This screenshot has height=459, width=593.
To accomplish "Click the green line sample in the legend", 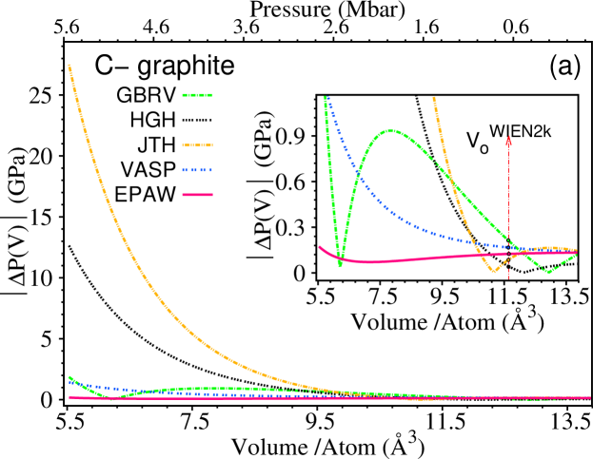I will point(197,95).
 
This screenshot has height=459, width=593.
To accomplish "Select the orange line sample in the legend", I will point(197,145).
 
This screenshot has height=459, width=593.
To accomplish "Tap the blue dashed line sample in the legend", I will point(197,170).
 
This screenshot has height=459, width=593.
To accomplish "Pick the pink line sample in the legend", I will point(197,195).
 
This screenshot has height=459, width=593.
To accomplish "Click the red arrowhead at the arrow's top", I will point(508,142).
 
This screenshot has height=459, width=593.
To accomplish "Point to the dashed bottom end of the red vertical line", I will point(508,278).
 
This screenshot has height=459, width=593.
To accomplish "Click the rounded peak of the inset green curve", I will point(390,131).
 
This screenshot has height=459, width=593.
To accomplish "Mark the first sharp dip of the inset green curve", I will point(340,265).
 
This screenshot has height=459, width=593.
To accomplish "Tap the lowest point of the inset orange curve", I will point(493,272).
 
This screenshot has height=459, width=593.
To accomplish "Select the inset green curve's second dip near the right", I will point(547,272).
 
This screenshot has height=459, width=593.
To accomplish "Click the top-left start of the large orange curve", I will point(69,65).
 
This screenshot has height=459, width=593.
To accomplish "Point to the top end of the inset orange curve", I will point(434,97).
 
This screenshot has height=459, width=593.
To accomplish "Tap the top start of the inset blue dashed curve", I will point(328,99).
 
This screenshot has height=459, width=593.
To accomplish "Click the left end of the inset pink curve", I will point(320,247).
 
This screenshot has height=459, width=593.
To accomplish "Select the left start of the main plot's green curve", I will point(69,377).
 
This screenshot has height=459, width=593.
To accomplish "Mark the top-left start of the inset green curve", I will point(326,97).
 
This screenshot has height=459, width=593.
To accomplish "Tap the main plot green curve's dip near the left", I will point(110,396).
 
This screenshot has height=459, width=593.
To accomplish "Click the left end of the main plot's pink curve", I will point(70,397).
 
